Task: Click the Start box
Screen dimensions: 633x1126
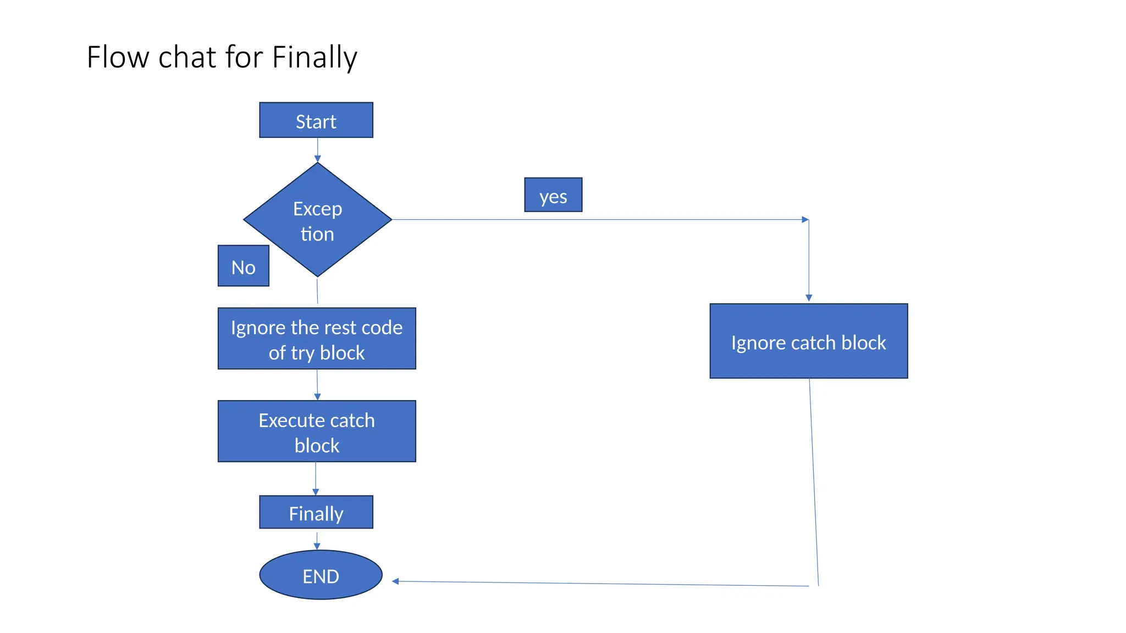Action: click(316, 120)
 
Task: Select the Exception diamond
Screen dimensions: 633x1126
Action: click(317, 220)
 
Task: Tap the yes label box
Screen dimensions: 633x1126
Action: click(553, 195)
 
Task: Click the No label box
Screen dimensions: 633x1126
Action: click(243, 266)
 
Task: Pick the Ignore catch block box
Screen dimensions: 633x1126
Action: click(808, 341)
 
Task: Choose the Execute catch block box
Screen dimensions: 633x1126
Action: click(317, 431)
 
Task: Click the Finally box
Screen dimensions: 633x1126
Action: click(316, 512)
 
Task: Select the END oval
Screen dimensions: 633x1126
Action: click(321, 575)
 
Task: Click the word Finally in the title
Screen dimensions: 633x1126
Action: click(314, 57)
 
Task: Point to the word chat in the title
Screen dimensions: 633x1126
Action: click(187, 57)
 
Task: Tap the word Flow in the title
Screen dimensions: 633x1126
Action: click(118, 57)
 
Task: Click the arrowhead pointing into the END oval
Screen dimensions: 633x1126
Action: click(395, 581)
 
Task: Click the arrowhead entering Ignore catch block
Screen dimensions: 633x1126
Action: click(809, 297)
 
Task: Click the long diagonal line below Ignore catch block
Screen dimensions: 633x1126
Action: click(814, 484)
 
